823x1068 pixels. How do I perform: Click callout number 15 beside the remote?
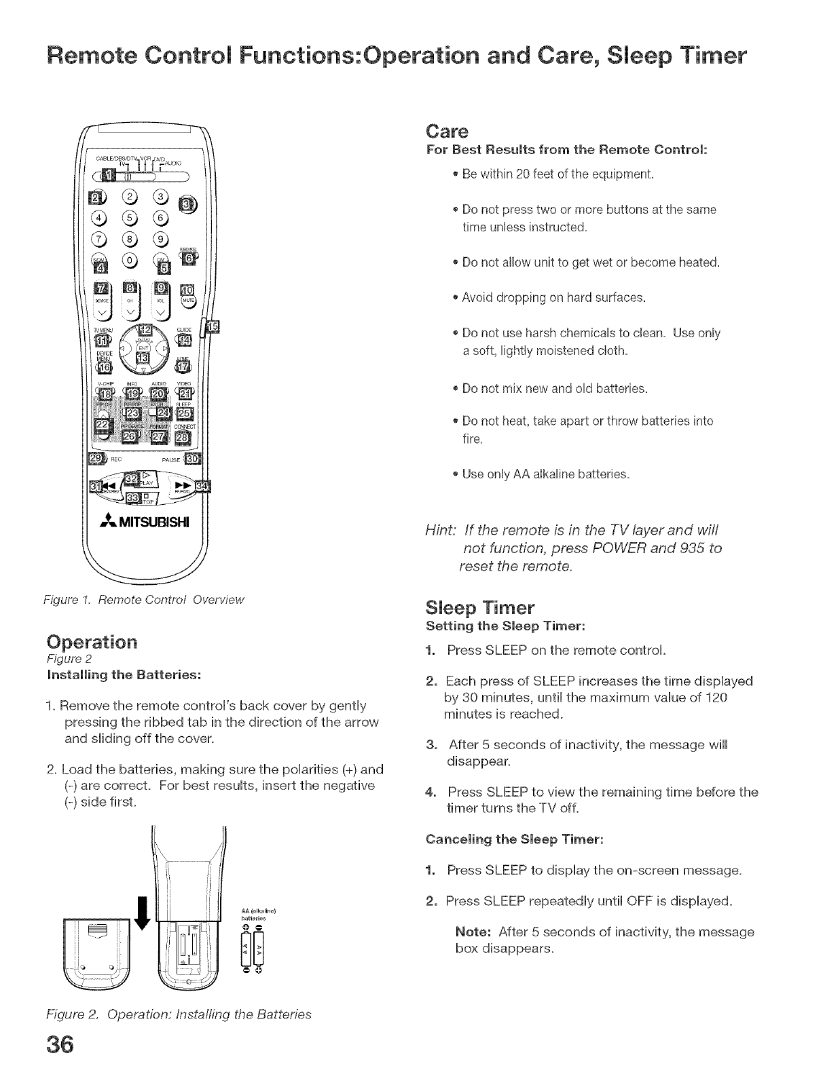213,327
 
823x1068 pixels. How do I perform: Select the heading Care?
445,130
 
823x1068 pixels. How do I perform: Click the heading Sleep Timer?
480,607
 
